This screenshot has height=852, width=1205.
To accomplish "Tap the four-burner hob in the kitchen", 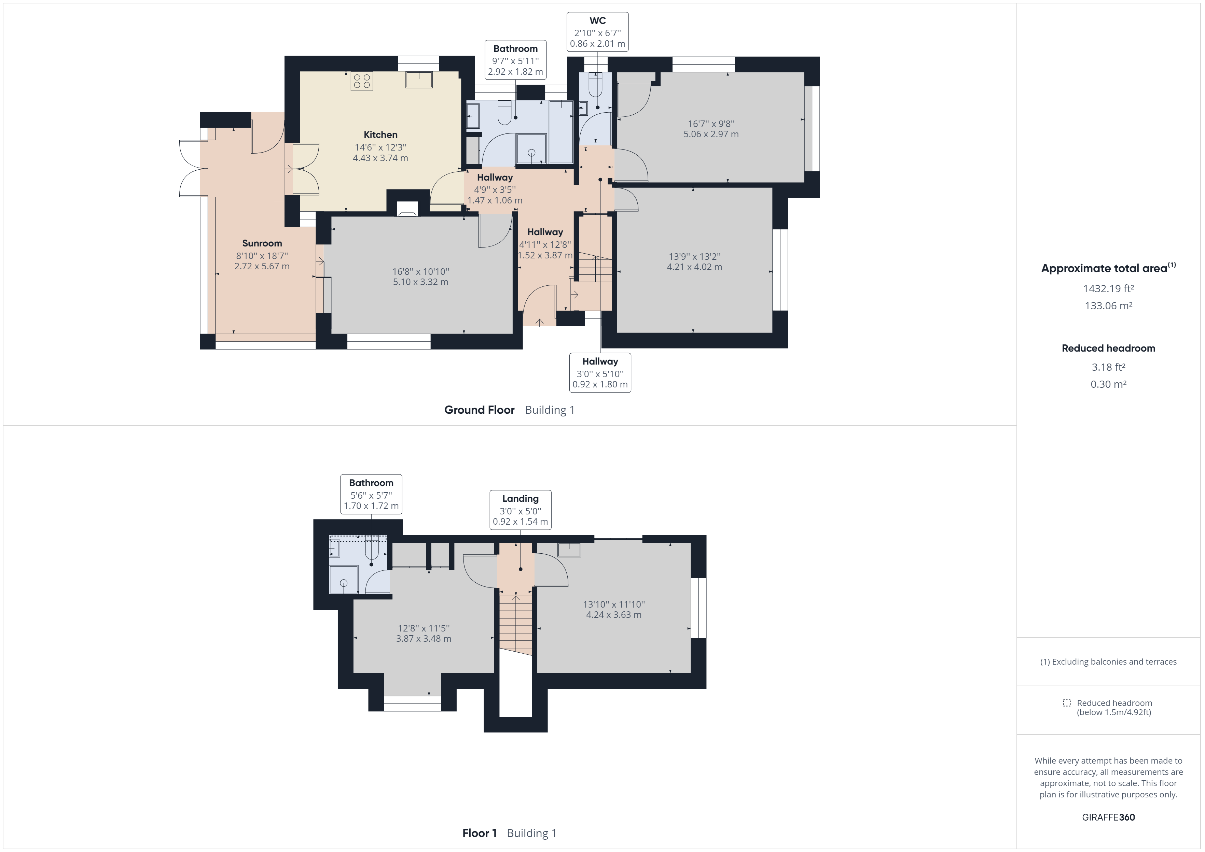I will point(362,81).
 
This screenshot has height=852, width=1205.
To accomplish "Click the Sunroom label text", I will point(262,243).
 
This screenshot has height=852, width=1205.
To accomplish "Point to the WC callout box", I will point(597,32).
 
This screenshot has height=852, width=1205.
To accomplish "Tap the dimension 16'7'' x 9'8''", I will point(711,124).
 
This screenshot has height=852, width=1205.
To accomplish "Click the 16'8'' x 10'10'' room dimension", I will point(420,272).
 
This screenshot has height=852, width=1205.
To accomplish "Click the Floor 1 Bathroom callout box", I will point(371,494).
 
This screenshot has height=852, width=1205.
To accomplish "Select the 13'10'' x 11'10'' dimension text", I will point(613,605).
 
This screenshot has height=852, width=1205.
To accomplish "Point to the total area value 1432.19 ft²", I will point(1108,288).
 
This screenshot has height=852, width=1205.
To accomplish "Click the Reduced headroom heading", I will point(1108,349).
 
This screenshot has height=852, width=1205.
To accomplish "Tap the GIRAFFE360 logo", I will point(1108,817).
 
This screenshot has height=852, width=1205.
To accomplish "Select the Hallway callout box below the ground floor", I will point(600,372).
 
